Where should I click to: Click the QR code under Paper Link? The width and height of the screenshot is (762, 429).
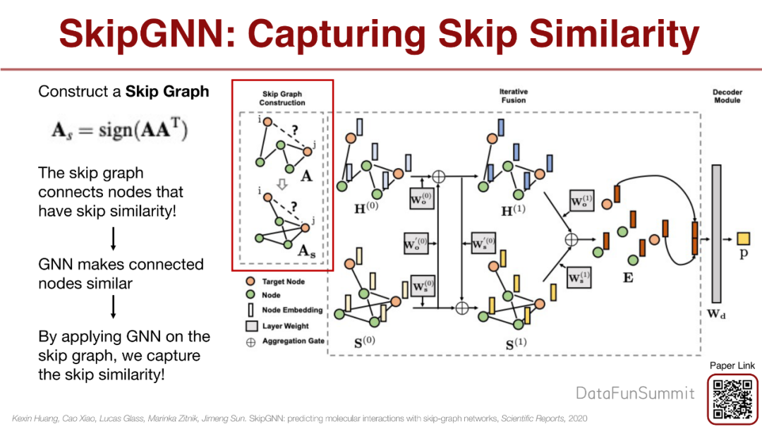click(x=733, y=399)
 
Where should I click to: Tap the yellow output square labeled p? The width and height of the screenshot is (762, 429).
click(x=743, y=238)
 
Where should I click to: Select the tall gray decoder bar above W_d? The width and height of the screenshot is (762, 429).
click(x=716, y=234)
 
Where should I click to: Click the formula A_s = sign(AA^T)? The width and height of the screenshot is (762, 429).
click(x=119, y=132)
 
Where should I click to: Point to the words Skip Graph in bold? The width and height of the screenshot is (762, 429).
click(x=167, y=92)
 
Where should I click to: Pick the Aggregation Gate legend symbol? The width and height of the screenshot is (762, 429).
click(x=250, y=341)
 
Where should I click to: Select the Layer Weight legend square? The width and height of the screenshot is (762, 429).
click(x=250, y=326)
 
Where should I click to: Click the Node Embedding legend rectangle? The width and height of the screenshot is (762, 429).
click(x=250, y=310)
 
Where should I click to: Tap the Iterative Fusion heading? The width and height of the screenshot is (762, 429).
click(x=513, y=96)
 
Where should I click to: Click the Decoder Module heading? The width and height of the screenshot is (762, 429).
click(x=727, y=96)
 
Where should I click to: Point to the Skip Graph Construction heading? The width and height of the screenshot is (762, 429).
click(x=282, y=98)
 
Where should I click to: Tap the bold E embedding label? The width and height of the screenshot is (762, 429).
click(x=627, y=277)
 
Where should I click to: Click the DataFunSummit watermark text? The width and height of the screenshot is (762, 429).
click(x=635, y=393)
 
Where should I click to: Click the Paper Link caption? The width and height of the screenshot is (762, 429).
click(x=732, y=365)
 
